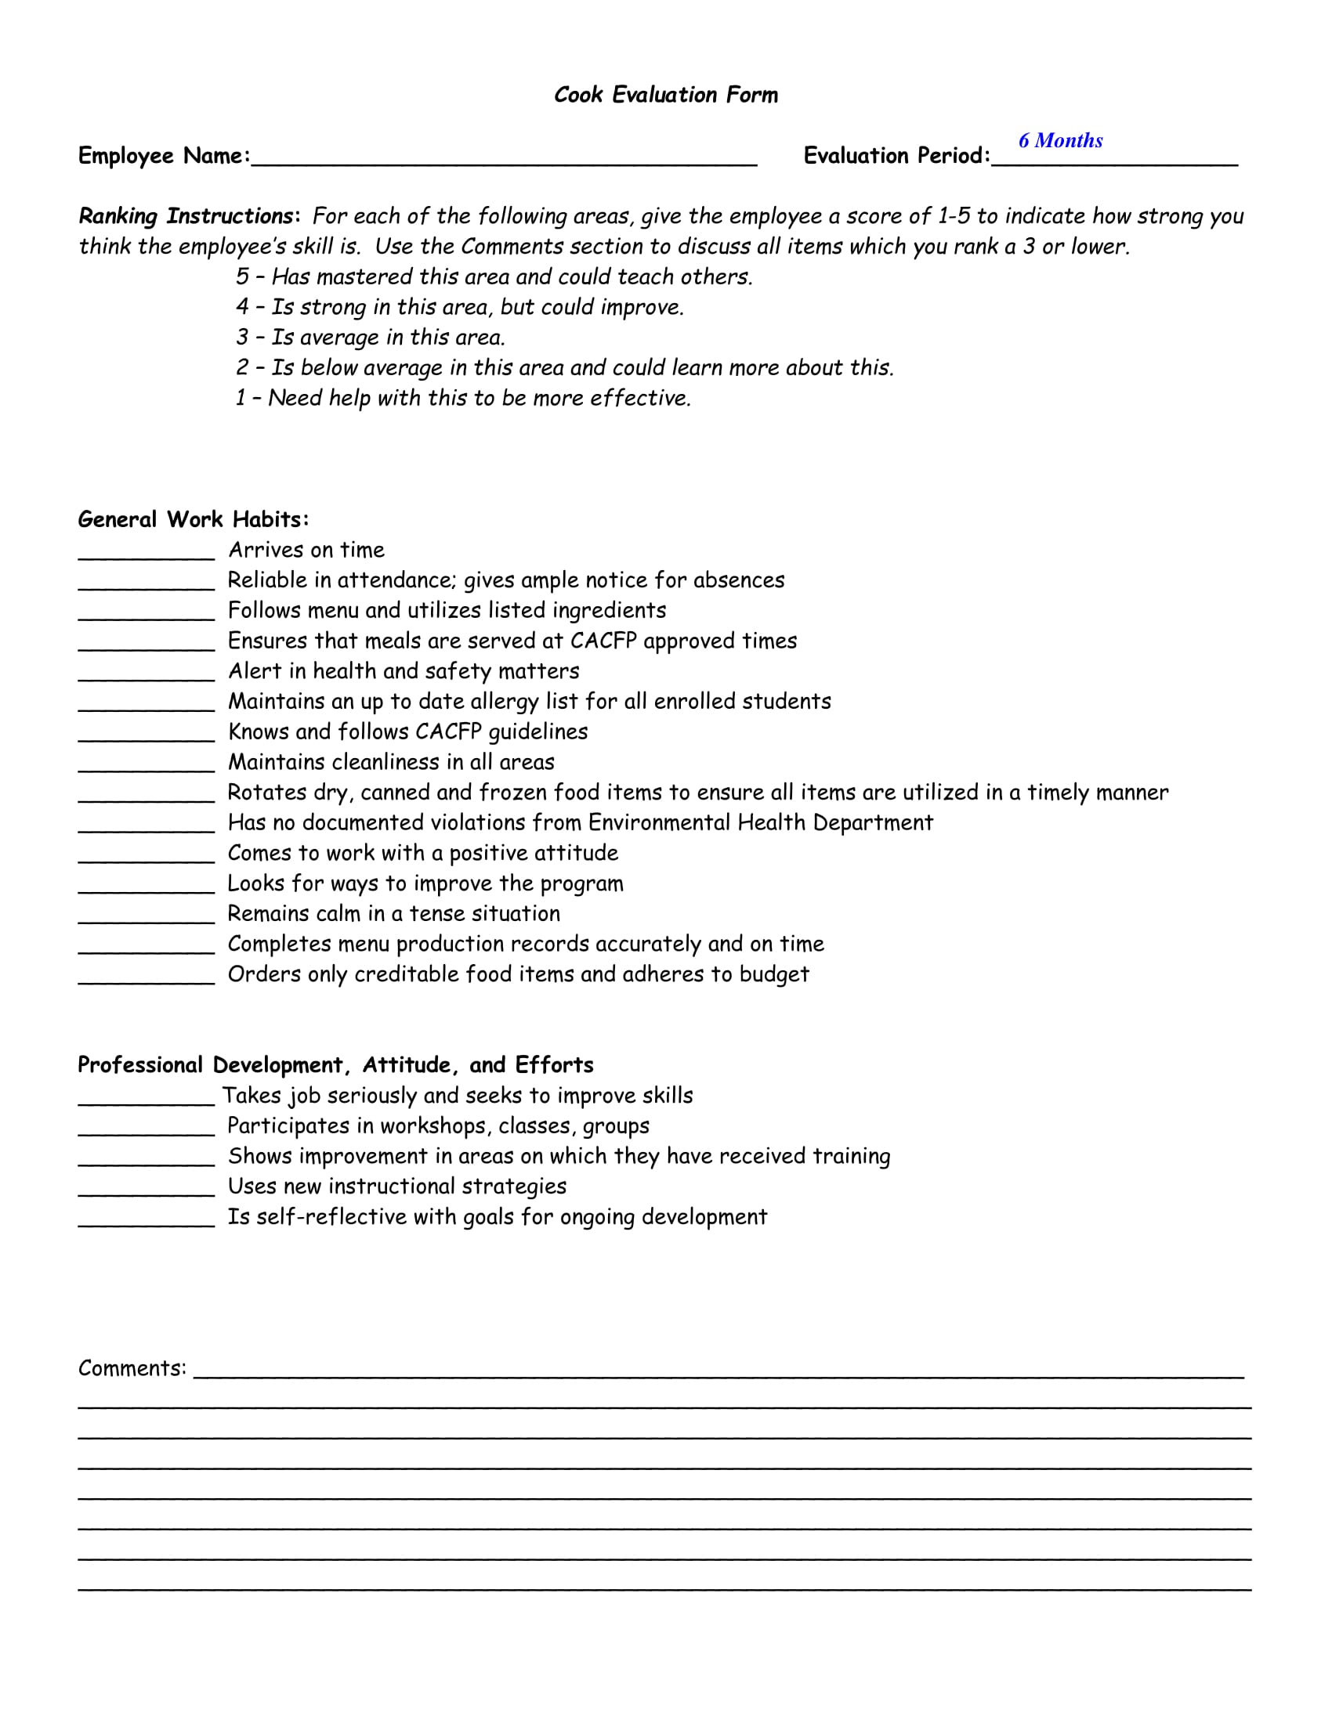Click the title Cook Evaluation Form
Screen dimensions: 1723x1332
point(665,96)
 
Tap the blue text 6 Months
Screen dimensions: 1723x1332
point(1060,141)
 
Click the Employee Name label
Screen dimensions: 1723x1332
point(163,155)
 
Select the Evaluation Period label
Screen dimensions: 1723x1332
point(896,155)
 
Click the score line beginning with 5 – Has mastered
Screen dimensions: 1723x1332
point(494,277)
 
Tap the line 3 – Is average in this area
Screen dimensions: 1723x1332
point(370,338)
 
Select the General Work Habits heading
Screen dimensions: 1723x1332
point(194,519)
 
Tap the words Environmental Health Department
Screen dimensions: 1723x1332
point(760,823)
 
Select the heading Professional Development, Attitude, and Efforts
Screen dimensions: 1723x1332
point(335,1065)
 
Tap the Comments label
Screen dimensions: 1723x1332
point(132,1369)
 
